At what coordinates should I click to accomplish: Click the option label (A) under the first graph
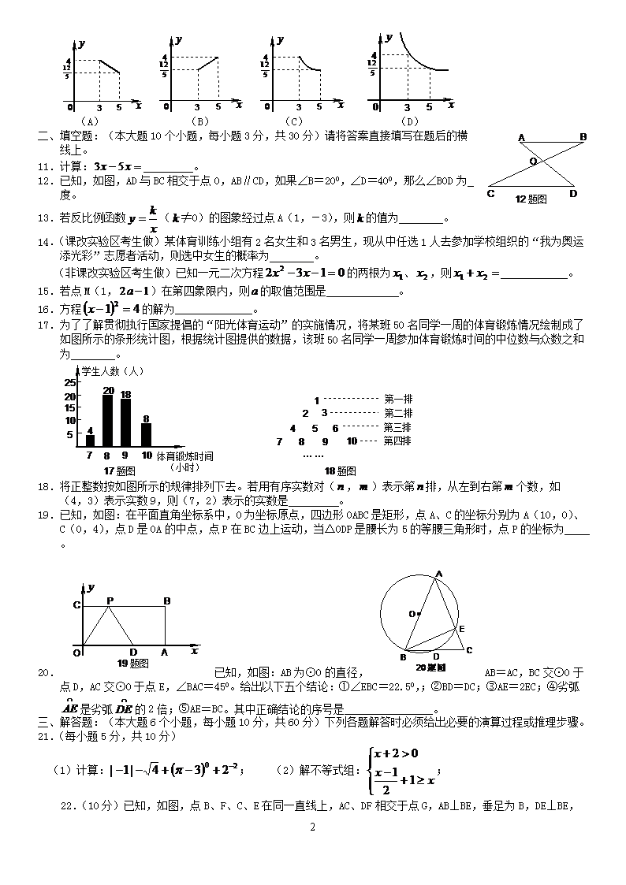pos(89,121)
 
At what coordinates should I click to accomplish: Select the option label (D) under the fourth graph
pos(408,121)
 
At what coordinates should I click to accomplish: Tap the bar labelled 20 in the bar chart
pos(108,420)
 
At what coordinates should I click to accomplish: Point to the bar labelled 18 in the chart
pos(125,422)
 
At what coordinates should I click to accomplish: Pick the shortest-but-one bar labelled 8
pos(146,435)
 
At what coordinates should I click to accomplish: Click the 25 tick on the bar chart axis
pos(69,381)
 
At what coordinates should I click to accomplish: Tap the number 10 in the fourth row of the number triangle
pos(352,441)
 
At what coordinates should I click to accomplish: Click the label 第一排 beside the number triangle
pos(398,400)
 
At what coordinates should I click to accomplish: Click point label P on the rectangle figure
pos(110,601)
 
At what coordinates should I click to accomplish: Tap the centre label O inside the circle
pos(411,613)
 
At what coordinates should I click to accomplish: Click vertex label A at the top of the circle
pos(439,574)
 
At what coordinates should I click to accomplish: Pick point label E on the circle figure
pos(462,628)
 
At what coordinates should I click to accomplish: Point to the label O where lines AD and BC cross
pos(532,160)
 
